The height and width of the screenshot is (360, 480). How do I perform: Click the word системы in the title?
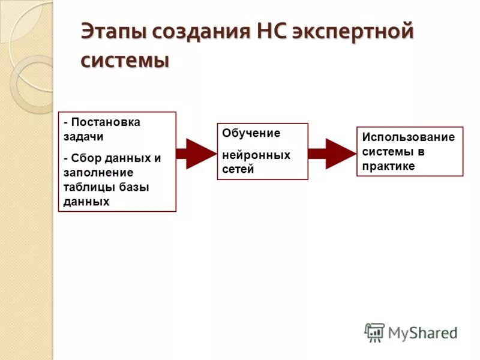point(124,61)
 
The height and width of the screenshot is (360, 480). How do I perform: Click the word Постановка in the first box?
point(106,122)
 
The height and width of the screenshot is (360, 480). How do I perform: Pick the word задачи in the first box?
point(83,136)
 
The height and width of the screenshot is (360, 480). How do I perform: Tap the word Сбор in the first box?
point(85,158)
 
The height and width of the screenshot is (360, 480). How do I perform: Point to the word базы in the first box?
point(133,187)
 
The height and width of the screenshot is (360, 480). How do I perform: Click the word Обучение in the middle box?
point(251,133)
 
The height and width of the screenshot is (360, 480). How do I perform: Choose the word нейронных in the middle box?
point(256,155)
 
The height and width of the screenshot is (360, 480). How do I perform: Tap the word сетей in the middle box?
point(238,169)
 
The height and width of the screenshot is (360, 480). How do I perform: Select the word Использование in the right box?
point(408,137)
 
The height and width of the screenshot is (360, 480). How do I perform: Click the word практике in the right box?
point(388,166)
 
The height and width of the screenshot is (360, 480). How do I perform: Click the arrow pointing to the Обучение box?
point(196,154)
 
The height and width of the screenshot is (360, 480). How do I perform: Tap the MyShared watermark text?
point(423,332)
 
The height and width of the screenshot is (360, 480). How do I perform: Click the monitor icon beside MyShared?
point(374,332)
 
